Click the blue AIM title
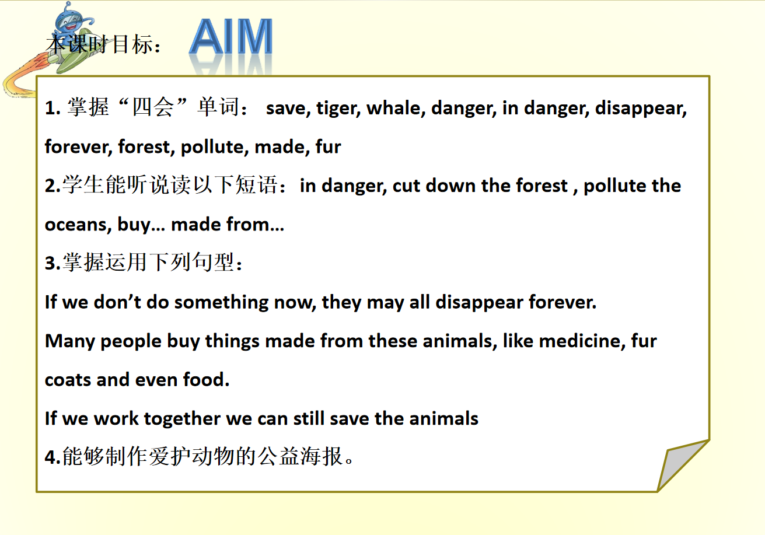pos(231,37)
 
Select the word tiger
pos(338,109)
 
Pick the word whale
pos(396,108)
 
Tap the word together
pos(182,419)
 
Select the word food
pos(207,380)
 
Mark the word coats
pos(68,380)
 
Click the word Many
pos(69,342)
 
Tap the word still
pos(309,418)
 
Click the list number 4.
pos(53,457)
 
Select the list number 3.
pos(53,263)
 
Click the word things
pos(232,342)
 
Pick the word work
pos(116,419)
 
